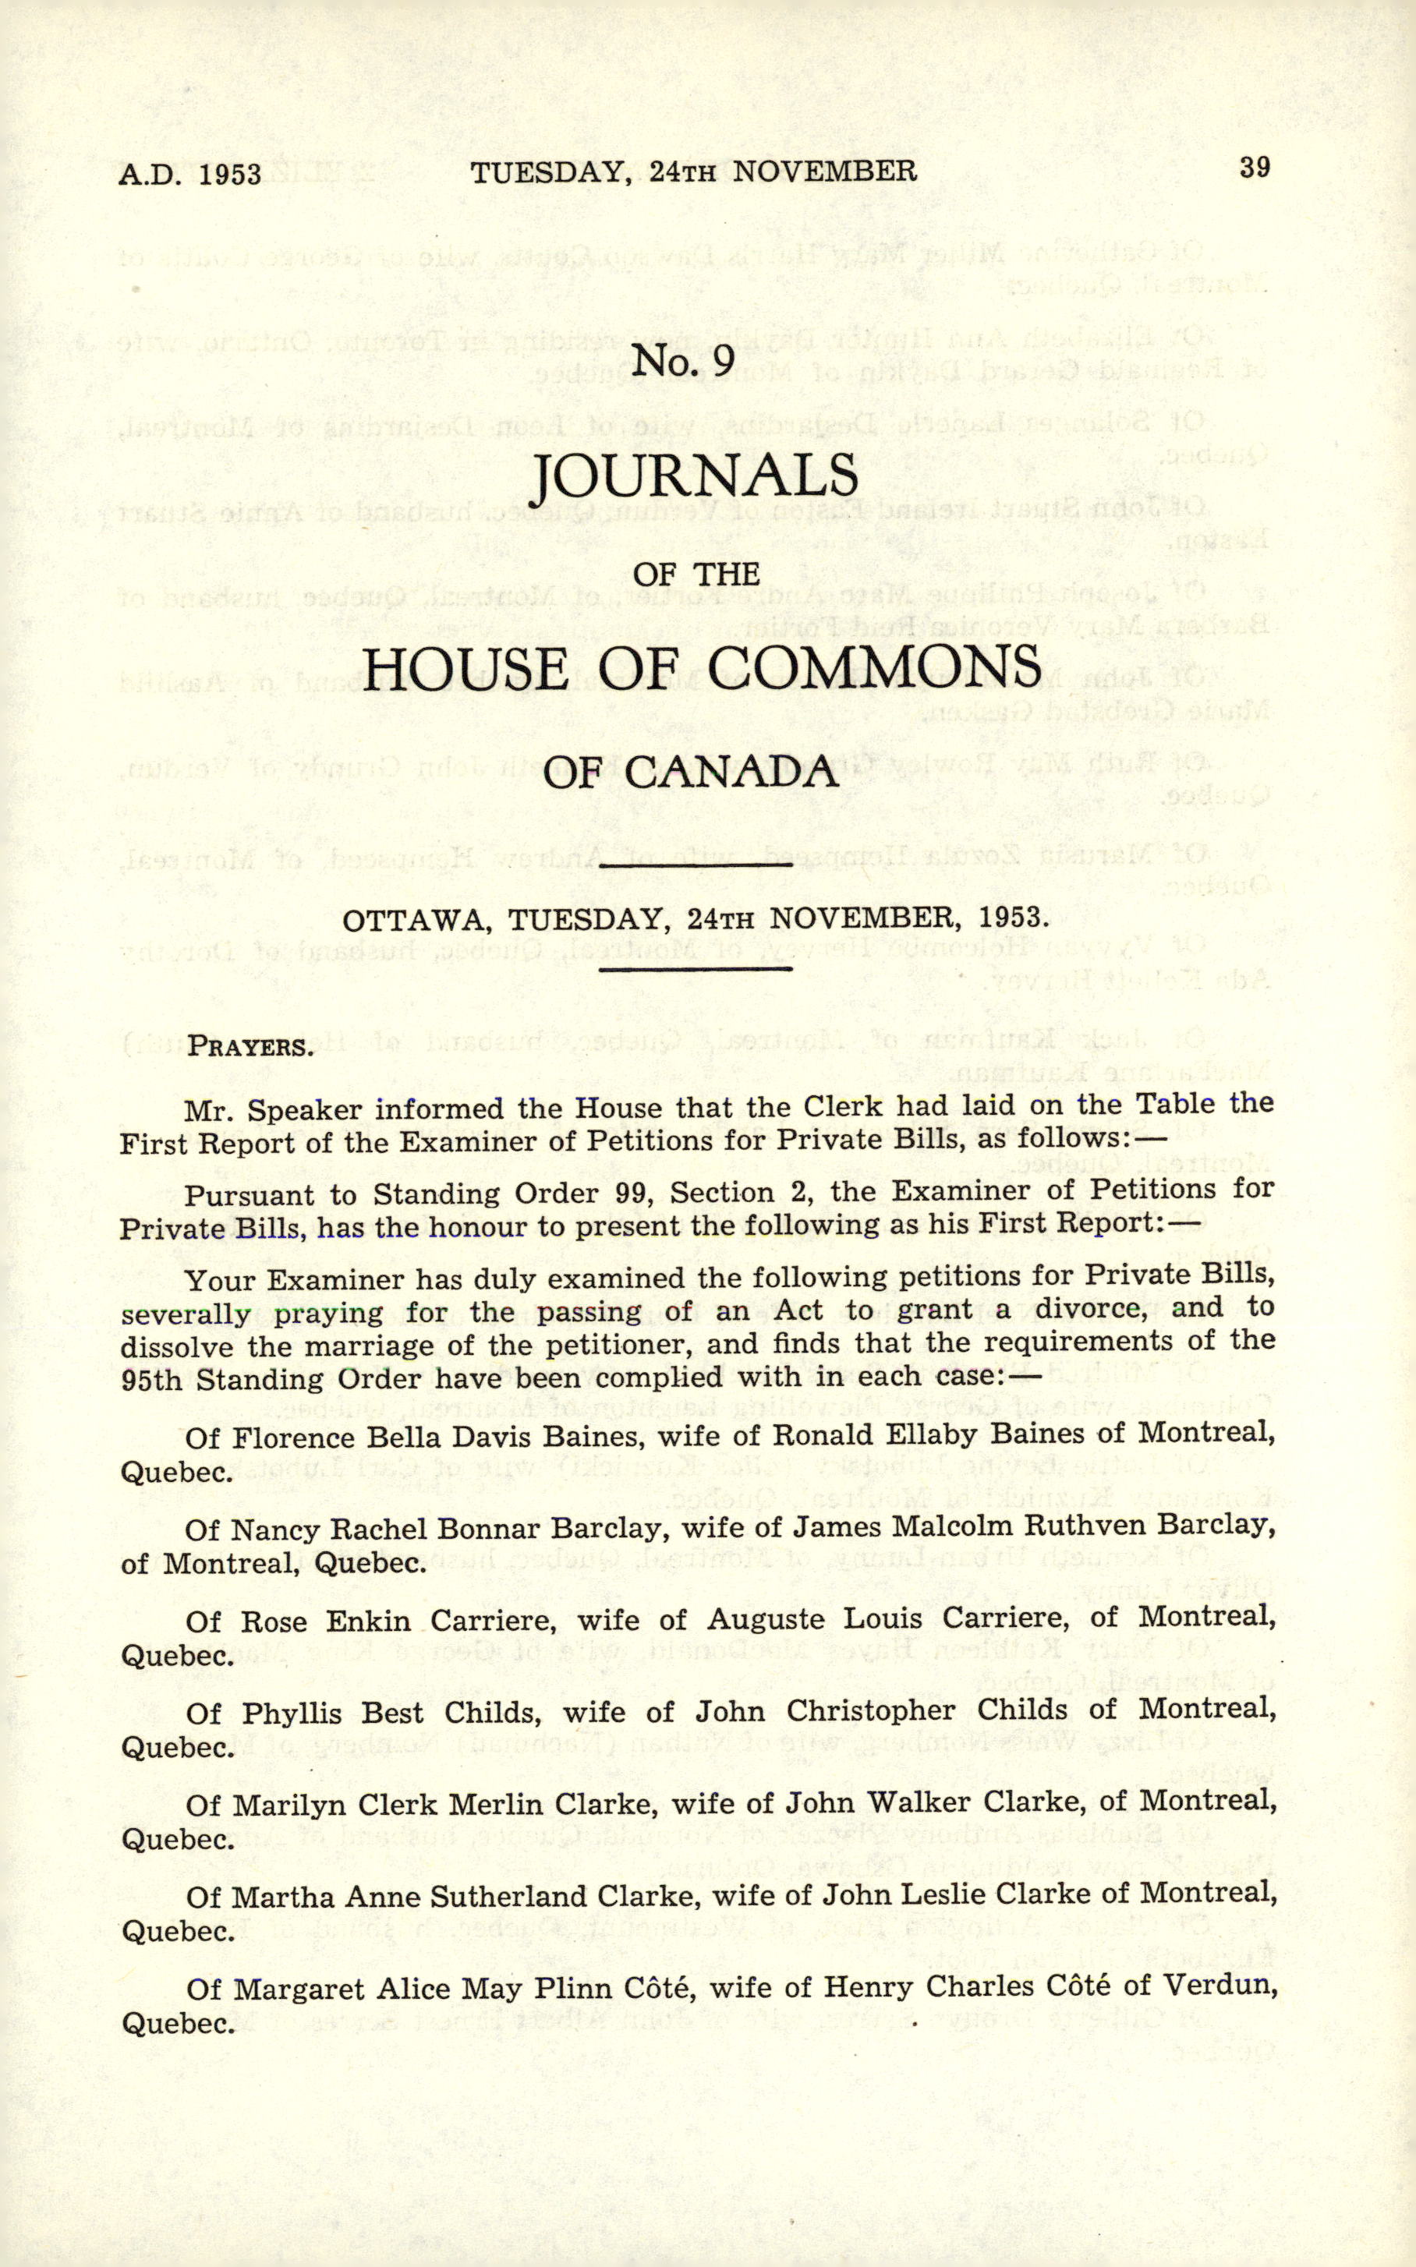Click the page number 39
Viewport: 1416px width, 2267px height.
click(1254, 168)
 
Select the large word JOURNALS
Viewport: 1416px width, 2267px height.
click(695, 476)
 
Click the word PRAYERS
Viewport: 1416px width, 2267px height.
click(249, 1046)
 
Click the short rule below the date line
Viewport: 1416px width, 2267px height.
click(695, 967)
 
